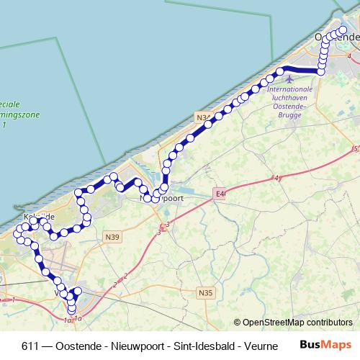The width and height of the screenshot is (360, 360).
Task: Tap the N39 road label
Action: click(x=112, y=236)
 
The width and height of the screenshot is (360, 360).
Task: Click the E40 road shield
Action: click(x=220, y=193)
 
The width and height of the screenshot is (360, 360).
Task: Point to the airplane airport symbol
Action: click(x=289, y=79)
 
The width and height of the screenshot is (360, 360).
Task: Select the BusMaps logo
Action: click(x=327, y=344)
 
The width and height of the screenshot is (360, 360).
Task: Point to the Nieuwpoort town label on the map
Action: click(x=162, y=197)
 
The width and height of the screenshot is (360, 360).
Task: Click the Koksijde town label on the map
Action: click(x=35, y=216)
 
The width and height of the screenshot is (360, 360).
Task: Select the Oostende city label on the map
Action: click(x=336, y=37)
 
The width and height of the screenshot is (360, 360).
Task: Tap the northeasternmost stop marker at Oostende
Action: click(x=343, y=30)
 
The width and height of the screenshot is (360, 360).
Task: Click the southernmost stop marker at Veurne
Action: click(x=71, y=310)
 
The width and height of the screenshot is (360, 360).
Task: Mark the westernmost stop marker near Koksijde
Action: click(x=18, y=233)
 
